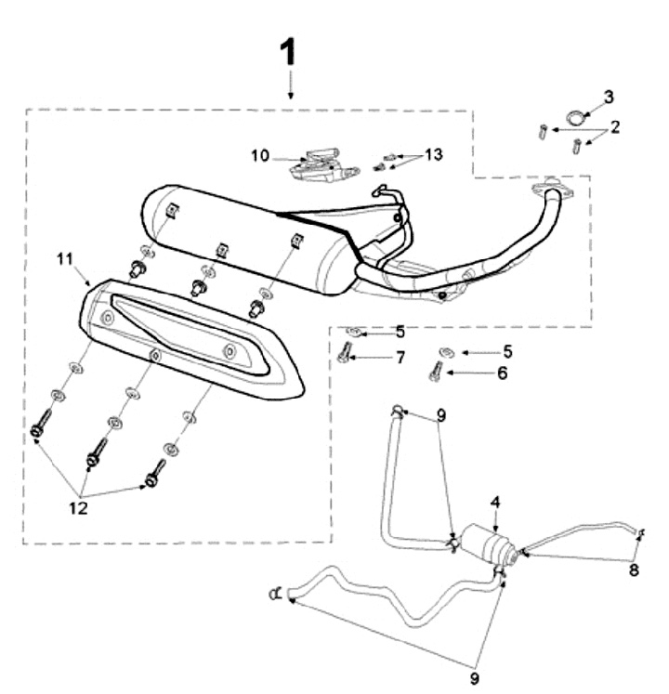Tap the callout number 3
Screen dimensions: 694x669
click(x=609, y=97)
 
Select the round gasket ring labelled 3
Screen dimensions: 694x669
click(x=579, y=118)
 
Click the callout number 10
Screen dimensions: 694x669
click(x=259, y=155)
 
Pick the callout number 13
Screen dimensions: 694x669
click(x=435, y=154)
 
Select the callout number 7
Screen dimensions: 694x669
click(x=400, y=358)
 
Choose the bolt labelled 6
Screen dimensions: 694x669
click(x=435, y=371)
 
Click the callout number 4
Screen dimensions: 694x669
click(x=496, y=502)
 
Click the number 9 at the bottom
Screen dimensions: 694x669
click(x=474, y=679)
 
